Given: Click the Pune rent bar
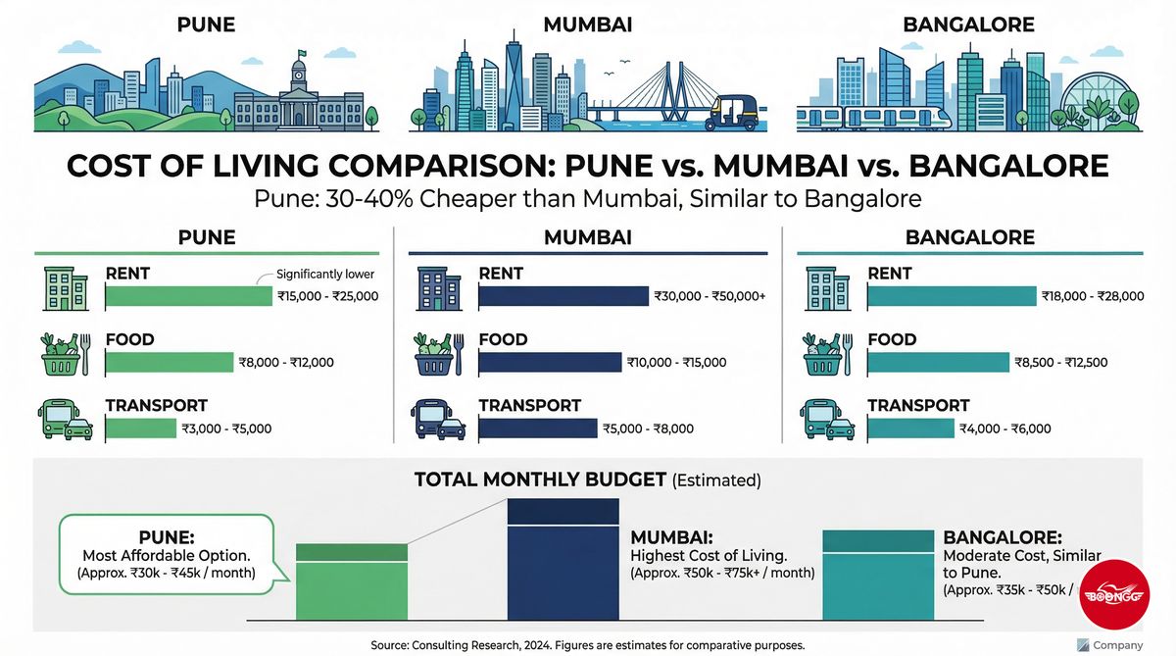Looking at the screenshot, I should pyautogui.click(x=187, y=296).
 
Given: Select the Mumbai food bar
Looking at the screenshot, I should pyautogui.click(x=550, y=362).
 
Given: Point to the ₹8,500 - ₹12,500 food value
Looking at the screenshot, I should pyautogui.click(x=1061, y=362).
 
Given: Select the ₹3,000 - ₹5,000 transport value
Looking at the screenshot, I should pyautogui.click(x=226, y=429).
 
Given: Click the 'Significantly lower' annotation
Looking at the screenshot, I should pyautogui.click(x=325, y=275).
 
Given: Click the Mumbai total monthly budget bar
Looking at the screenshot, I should pyautogui.click(x=563, y=559).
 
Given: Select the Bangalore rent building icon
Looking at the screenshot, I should pyautogui.click(x=828, y=288).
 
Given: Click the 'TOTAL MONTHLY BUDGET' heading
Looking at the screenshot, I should pyautogui.click(x=541, y=479).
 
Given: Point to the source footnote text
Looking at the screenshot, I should pyautogui.click(x=588, y=644).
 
